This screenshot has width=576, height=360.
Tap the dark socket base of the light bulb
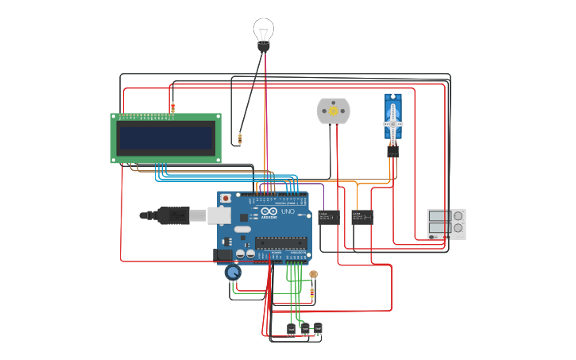[264, 48]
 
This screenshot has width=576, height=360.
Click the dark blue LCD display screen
[165, 137]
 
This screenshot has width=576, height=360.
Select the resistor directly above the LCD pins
[172, 106]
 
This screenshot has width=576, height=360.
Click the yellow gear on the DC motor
[333, 110]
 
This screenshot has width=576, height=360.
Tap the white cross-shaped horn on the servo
[393, 123]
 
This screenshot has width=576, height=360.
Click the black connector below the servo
[393, 150]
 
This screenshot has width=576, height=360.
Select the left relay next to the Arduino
[329, 216]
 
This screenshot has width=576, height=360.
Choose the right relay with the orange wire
[362, 216]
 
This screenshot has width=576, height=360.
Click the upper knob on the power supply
[458, 215]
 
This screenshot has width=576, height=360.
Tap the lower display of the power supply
[436, 228]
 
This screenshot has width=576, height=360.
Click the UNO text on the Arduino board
[287, 212]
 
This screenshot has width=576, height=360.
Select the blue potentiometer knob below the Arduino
[232, 273]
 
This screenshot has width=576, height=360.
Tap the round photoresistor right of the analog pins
[313, 274]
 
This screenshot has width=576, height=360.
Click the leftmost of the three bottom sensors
[291, 327]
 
